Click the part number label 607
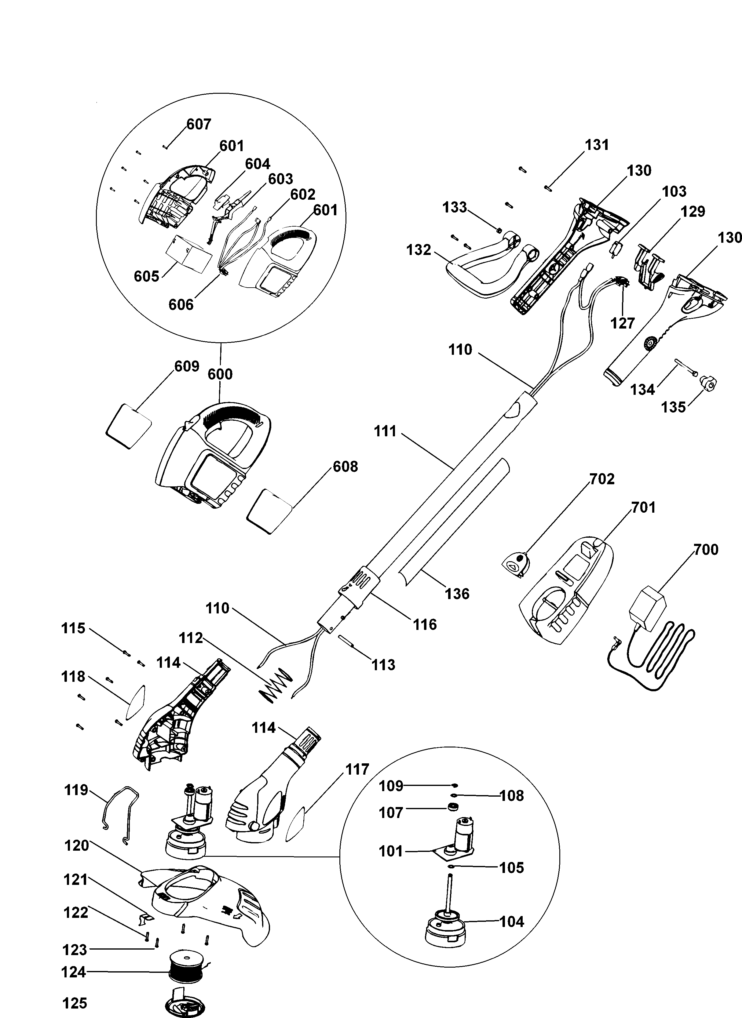(x=199, y=124)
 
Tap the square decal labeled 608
(x=269, y=511)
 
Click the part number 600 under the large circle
(x=220, y=374)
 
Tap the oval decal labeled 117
(x=295, y=823)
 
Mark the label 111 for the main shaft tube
(x=386, y=431)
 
